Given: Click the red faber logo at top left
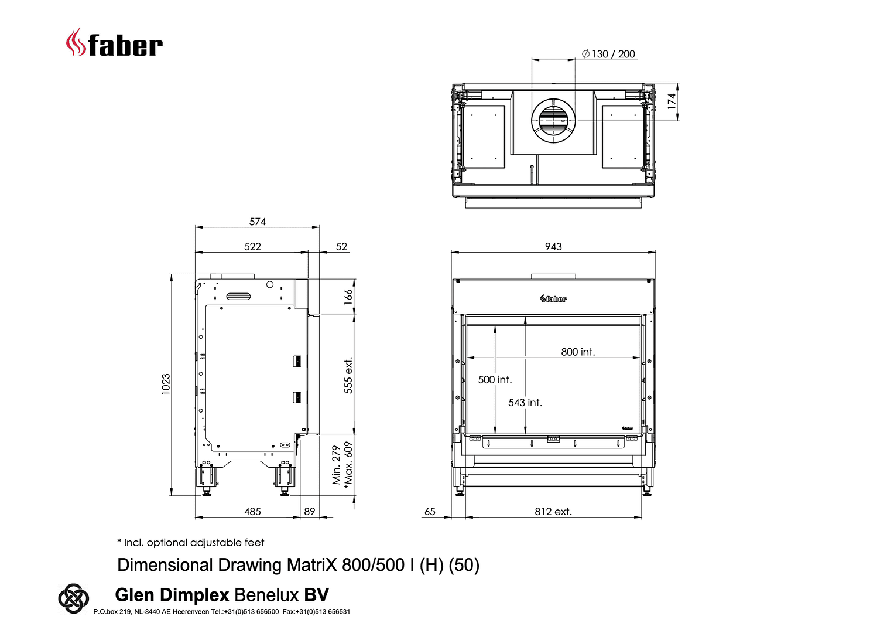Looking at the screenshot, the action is (x=114, y=43).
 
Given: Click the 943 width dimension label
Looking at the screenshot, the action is (x=553, y=247).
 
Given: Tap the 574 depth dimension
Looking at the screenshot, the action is (x=258, y=222).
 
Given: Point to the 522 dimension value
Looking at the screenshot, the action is (x=252, y=247).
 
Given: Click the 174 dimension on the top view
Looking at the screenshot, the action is (x=672, y=101).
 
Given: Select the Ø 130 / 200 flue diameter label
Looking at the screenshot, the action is (x=608, y=54).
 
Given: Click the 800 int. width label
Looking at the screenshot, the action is (x=578, y=352).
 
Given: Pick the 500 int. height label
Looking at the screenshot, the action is (x=495, y=380).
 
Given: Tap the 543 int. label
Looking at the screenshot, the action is (x=525, y=403).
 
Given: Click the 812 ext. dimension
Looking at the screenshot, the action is (x=553, y=512).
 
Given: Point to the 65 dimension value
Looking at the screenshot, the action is (x=430, y=512).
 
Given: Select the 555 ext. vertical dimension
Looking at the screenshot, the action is (x=348, y=375).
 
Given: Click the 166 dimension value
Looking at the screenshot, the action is (x=348, y=297).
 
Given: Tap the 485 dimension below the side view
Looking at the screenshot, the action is (x=252, y=512).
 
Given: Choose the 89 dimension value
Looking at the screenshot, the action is (x=310, y=512).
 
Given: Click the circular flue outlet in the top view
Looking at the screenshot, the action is (x=553, y=121).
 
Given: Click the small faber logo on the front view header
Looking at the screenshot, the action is (x=553, y=298).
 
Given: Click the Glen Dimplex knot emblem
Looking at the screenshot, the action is (x=73, y=598).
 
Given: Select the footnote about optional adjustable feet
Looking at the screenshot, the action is (x=190, y=543).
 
